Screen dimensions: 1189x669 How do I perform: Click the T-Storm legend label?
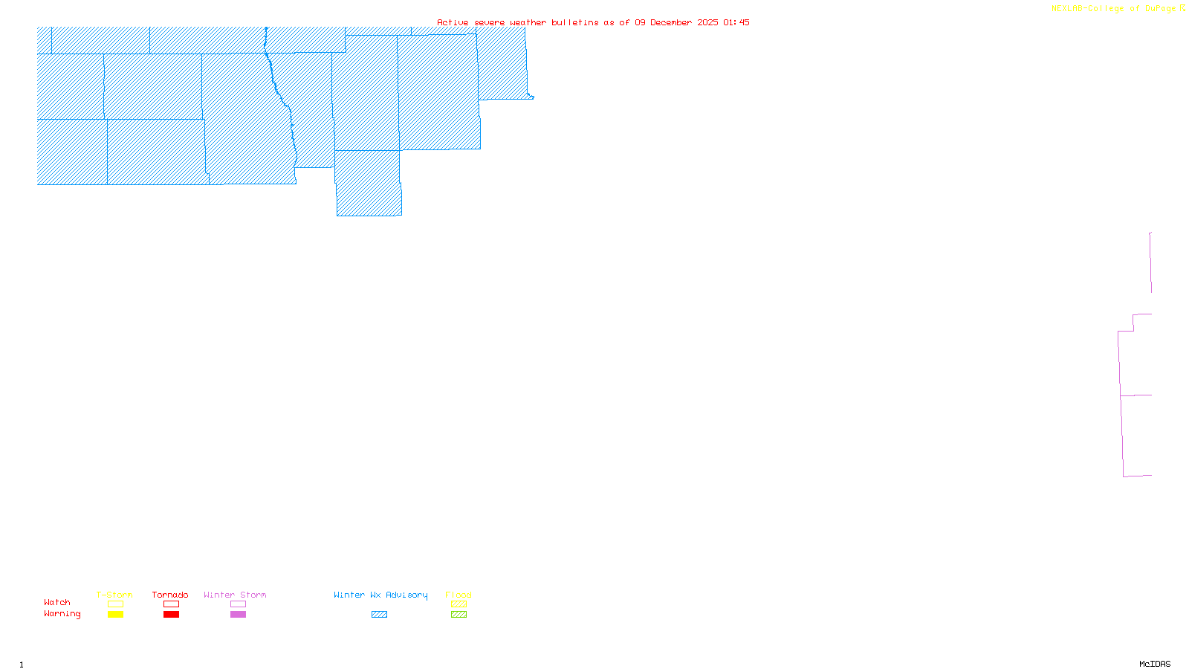[114, 595]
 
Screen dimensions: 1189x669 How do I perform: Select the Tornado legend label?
[170, 595]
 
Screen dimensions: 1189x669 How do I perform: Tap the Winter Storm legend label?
[235, 595]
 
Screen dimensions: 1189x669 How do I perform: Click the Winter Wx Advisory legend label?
[380, 595]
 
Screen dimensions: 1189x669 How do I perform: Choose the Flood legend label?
[459, 595]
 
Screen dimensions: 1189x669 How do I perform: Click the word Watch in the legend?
[57, 602]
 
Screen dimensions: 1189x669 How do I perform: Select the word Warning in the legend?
[62, 614]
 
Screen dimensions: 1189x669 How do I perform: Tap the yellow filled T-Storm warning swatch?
[115, 615]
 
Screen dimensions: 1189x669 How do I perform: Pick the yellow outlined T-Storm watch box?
[115, 604]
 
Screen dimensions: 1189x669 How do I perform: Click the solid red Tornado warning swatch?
[171, 615]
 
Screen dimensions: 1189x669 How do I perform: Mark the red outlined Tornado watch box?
[171, 604]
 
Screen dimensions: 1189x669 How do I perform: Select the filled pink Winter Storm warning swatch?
[238, 615]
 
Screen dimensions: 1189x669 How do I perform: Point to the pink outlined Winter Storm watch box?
[238, 604]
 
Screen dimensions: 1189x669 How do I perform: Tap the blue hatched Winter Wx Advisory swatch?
[379, 615]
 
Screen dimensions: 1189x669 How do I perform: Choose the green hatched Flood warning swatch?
[459, 615]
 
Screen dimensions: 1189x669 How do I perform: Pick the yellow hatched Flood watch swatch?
[459, 604]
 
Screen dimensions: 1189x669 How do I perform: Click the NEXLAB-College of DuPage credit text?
[1114, 9]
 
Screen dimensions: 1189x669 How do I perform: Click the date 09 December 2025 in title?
[676, 22]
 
